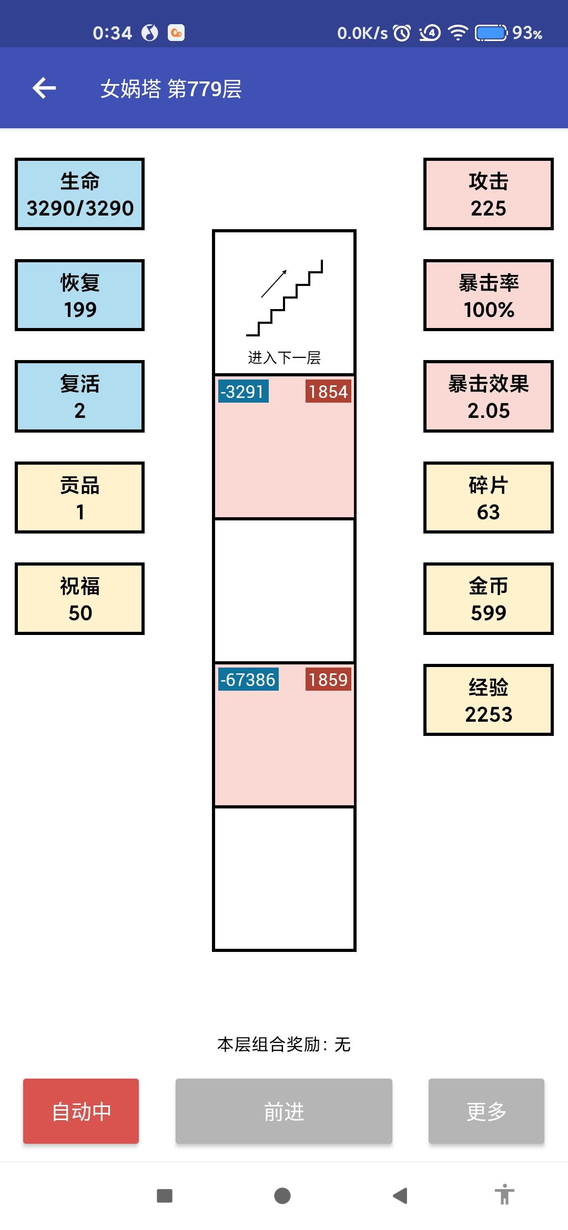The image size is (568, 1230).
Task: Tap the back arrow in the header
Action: click(x=44, y=88)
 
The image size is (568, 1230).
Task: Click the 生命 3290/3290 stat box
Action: click(x=79, y=194)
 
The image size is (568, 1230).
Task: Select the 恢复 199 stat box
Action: click(x=79, y=295)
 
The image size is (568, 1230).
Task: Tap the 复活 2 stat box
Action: click(x=79, y=396)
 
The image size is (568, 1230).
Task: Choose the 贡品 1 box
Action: click(x=79, y=497)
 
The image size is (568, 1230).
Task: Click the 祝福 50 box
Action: click(x=79, y=599)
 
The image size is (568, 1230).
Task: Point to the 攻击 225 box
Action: click(x=489, y=194)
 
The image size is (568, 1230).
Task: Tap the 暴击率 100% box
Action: click(x=489, y=295)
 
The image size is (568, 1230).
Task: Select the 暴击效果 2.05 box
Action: click(x=489, y=396)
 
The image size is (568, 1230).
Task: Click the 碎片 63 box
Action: click(x=489, y=497)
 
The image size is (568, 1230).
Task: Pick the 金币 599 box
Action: click(x=489, y=599)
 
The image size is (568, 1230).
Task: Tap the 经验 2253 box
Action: click(x=489, y=700)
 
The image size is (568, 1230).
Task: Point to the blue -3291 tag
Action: click(x=243, y=391)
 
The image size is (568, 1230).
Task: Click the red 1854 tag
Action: click(x=328, y=391)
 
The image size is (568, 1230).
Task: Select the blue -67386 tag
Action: click(x=248, y=679)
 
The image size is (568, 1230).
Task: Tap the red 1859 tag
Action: click(x=328, y=679)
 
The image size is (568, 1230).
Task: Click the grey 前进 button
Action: click(x=284, y=1111)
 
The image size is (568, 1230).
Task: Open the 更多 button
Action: click(x=486, y=1111)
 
